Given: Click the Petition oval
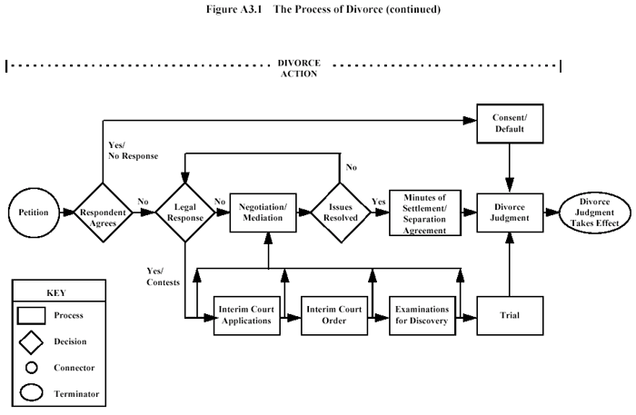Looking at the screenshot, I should (34, 213).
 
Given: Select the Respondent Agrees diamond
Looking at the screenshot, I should (102, 213).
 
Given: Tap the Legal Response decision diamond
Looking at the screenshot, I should (184, 213).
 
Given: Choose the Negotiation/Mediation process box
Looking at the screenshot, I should (268, 213).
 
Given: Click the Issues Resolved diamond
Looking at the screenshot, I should (339, 213).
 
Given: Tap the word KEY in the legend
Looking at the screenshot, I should (55, 293).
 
